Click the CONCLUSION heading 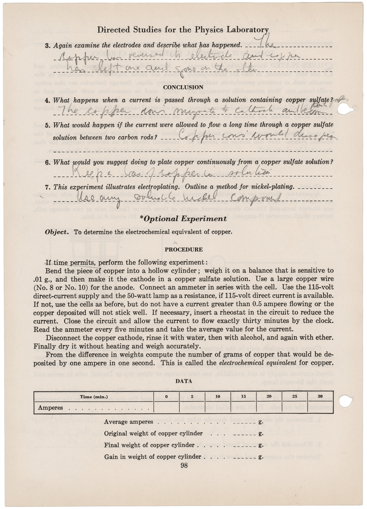[x=183, y=87]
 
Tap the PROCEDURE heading [x=184, y=249]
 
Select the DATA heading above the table [x=184, y=381]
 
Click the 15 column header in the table [x=243, y=397]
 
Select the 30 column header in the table [x=320, y=397]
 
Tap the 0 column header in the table [x=166, y=397]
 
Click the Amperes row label [x=50, y=408]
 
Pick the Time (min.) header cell [x=94, y=397]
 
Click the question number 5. [x=47, y=125]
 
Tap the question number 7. [x=47, y=187]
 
